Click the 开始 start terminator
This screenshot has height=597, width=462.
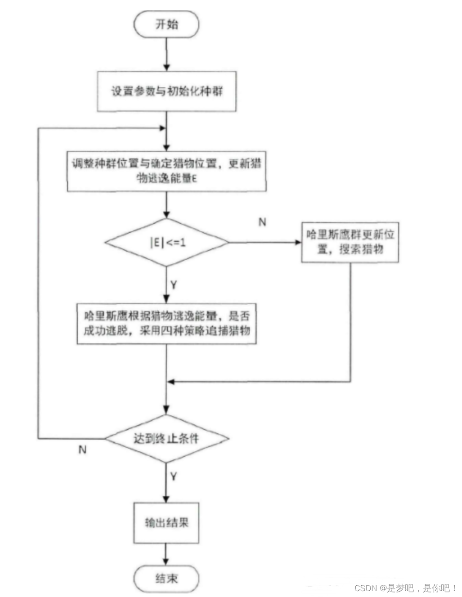click(166, 24)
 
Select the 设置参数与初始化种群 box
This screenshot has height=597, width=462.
click(166, 91)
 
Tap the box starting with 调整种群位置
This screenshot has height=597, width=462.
click(166, 171)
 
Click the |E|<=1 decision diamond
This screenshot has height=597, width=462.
click(166, 243)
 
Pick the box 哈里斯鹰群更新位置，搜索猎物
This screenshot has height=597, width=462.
click(350, 242)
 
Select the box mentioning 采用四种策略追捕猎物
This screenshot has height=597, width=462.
click(166, 324)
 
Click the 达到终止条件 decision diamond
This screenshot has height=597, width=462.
click(166, 438)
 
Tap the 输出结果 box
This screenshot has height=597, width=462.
click(166, 522)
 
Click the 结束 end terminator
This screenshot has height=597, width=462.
click(166, 578)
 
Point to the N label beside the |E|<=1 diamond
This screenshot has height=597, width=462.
click(262, 222)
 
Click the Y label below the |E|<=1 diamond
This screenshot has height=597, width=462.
click(174, 285)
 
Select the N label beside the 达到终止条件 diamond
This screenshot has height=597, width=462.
click(82, 450)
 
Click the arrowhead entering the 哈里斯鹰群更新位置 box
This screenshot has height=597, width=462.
click(298, 242)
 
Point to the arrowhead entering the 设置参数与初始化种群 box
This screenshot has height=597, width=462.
click(166, 67)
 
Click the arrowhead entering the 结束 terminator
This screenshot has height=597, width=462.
click(166, 561)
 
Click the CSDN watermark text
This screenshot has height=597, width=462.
click(405, 588)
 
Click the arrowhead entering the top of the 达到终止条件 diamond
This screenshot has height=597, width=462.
click(166, 410)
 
